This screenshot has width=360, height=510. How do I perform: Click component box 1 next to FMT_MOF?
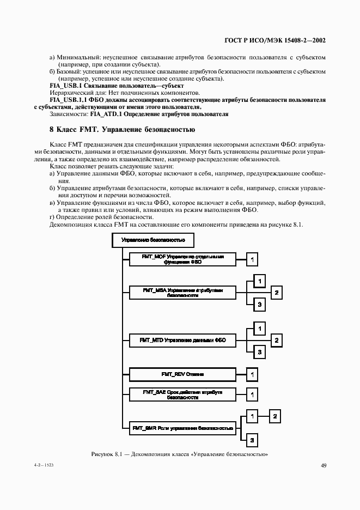pos(252,259)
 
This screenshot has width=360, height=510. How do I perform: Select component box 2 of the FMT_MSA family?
pos(276,293)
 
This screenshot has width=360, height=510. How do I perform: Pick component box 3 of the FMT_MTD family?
pos(260,353)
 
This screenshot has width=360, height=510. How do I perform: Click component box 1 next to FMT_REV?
pos(252,375)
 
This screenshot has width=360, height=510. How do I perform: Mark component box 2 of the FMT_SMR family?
pos(276,417)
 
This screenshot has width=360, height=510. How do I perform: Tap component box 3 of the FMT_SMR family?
pos(252,440)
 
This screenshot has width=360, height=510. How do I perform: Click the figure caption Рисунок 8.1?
pos(180,453)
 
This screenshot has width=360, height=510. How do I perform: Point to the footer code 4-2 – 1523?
pos(50,466)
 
